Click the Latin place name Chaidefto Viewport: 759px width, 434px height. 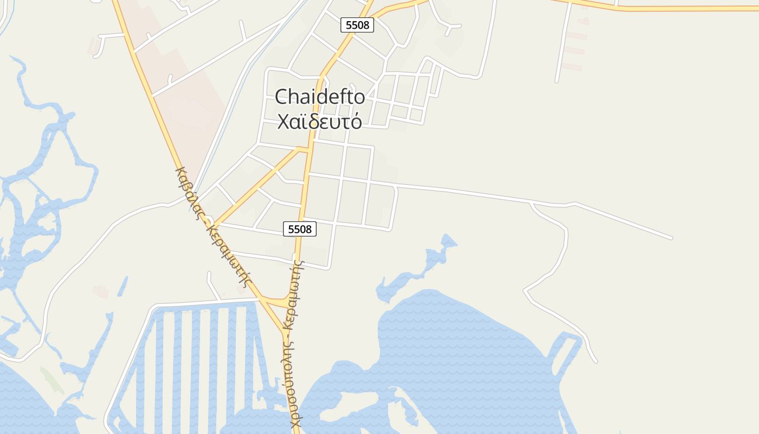point(320,97)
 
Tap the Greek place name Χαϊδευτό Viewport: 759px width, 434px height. point(319,122)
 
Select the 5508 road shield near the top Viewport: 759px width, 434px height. point(358,25)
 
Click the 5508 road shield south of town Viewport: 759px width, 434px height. point(300,229)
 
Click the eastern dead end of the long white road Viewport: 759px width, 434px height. point(671,238)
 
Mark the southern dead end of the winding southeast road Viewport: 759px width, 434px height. point(596,361)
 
